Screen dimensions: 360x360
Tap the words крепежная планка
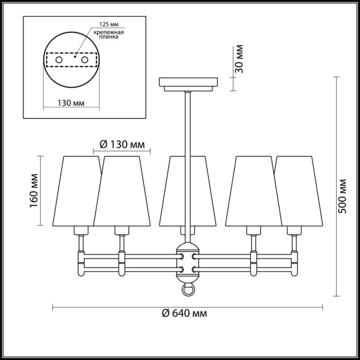[x=109, y=35]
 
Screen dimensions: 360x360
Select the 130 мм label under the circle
[x=71, y=103]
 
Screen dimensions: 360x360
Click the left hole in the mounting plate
[x=59, y=61]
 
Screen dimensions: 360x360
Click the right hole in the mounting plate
[x=85, y=61]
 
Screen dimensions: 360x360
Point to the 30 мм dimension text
[x=239, y=59]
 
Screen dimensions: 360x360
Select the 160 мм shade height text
[x=34, y=190]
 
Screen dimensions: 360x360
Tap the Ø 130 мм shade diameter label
[x=122, y=145]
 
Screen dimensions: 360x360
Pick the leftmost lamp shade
[x=80, y=190]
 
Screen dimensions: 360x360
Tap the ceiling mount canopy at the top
[x=188, y=83]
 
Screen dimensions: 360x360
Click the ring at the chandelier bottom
[x=188, y=290]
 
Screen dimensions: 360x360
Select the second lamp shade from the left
[x=122, y=190]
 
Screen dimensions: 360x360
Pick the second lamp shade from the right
[x=253, y=190]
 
